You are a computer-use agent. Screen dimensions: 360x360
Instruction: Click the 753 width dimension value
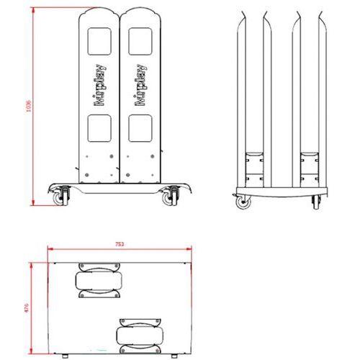[120, 245]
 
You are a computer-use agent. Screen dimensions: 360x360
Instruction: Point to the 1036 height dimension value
[28, 107]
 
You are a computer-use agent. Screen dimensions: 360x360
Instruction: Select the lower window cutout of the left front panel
[99, 127]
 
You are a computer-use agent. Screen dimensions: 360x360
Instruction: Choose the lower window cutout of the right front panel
[140, 127]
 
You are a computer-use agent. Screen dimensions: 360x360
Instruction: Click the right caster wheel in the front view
[173, 195]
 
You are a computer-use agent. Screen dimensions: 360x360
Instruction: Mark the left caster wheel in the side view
[244, 202]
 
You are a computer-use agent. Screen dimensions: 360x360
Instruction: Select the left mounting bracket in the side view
[253, 167]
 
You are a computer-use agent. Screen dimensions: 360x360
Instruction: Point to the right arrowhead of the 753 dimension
[191, 250]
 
